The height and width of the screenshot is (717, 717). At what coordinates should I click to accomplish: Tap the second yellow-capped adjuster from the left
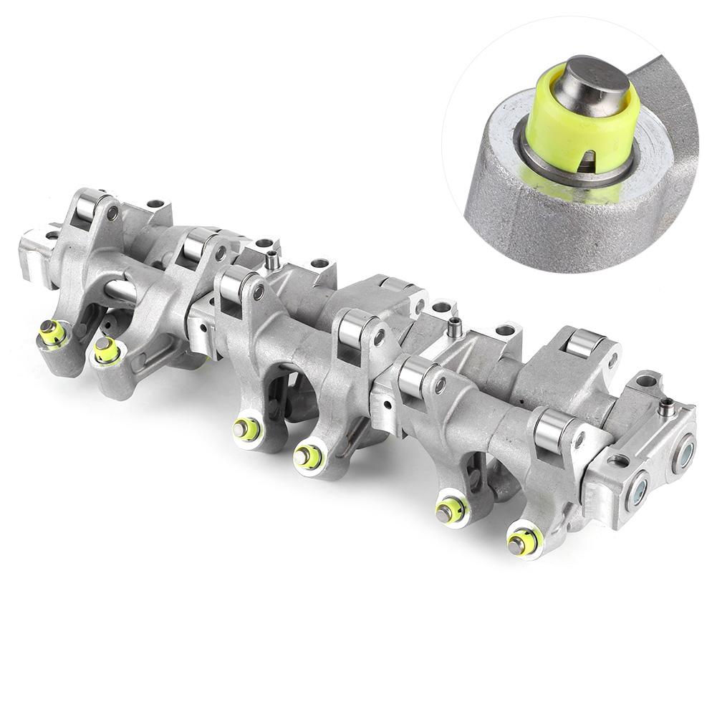point(106,349)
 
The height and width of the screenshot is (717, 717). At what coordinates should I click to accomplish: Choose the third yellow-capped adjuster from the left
point(246,428)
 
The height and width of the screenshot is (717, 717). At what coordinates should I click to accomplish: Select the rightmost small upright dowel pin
point(667,406)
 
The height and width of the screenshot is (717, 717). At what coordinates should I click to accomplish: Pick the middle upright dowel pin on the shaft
point(453,328)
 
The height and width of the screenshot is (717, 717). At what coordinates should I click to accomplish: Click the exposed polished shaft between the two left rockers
point(122,291)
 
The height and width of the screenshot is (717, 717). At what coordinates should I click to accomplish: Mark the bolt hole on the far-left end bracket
point(52,236)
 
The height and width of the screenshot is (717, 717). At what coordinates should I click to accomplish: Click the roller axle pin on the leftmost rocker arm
point(112,212)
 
